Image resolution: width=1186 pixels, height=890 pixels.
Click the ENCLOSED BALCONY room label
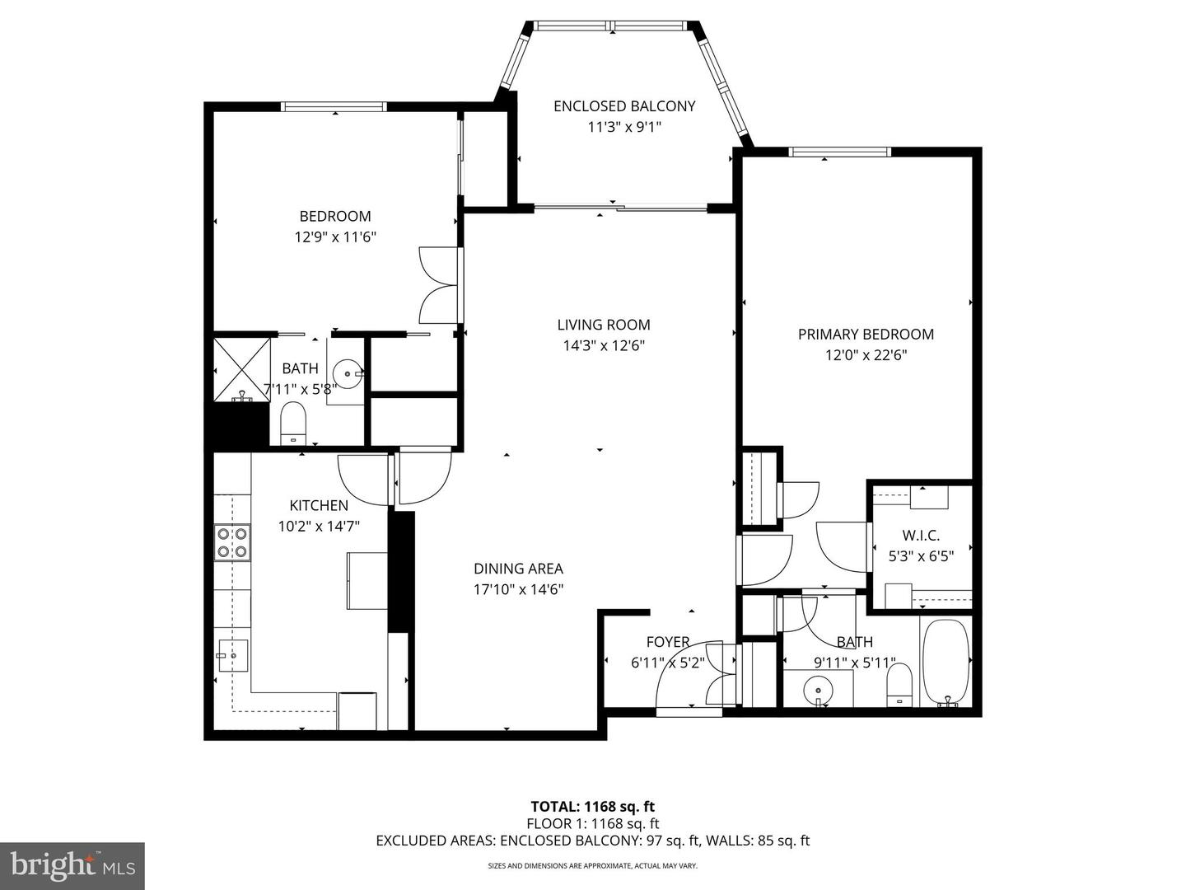(624, 106)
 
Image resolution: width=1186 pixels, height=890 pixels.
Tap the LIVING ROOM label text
(603, 325)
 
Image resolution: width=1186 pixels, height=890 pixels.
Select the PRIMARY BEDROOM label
(866, 334)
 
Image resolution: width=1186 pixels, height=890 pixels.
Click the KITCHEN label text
(319, 505)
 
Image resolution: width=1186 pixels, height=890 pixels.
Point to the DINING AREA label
(518, 569)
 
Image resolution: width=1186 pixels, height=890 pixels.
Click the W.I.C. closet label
(921, 536)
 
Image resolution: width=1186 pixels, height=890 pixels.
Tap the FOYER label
(667, 642)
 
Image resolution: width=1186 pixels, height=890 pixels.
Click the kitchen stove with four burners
(232, 543)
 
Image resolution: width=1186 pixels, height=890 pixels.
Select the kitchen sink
(233, 655)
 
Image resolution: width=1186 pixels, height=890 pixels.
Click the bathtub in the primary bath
(946, 662)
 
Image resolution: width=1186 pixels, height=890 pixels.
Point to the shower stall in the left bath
(242, 368)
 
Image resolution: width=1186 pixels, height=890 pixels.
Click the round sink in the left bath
(351, 374)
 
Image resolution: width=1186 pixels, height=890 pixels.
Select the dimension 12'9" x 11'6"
(335, 237)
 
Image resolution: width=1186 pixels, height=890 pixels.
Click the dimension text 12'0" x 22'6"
(866, 355)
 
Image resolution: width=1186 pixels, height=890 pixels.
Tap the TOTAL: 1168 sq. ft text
(593, 806)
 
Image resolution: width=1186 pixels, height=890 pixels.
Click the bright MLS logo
(72, 865)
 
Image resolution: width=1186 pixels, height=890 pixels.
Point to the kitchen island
(367, 580)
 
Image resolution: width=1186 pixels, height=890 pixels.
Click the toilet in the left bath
(293, 423)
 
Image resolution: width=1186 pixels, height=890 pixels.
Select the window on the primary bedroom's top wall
(839, 152)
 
